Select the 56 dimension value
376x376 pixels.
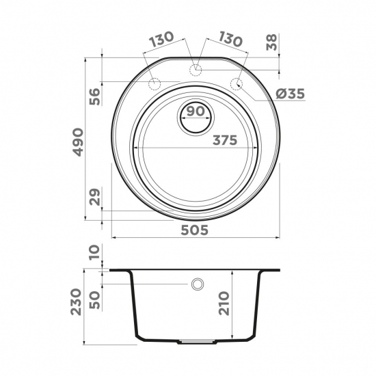tap(95, 96)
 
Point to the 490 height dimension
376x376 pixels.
tap(79, 140)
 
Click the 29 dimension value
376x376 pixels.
tap(95, 198)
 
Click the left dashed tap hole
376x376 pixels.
tap(155, 84)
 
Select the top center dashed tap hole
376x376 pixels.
tap(196, 68)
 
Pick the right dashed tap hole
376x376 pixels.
tap(237, 84)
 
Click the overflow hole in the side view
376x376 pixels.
tap(198, 284)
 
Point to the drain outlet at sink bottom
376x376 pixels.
tap(196, 340)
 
